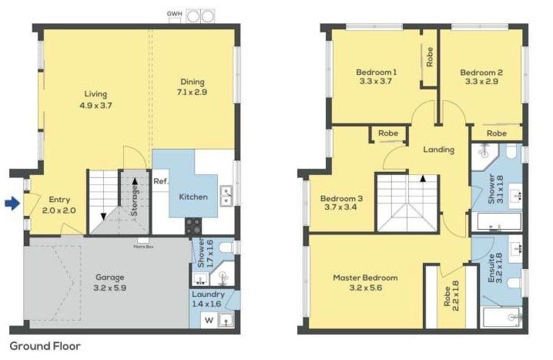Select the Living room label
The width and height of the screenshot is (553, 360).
[96, 99]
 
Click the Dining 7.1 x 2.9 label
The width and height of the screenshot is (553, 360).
[193, 86]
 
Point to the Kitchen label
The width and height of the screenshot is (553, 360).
[193, 197]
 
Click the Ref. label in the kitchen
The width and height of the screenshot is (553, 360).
[161, 182]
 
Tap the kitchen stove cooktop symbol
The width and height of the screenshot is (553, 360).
[193, 226]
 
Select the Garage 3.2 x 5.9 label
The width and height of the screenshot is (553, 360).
[109, 282]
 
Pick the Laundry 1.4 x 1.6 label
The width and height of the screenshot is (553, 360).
[209, 299]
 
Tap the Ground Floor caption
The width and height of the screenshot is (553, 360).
[45, 347]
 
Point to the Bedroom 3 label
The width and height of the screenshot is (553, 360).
[341, 202]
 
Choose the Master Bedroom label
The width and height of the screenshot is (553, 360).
[365, 282]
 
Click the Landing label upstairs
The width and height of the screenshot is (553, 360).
[438, 150]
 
